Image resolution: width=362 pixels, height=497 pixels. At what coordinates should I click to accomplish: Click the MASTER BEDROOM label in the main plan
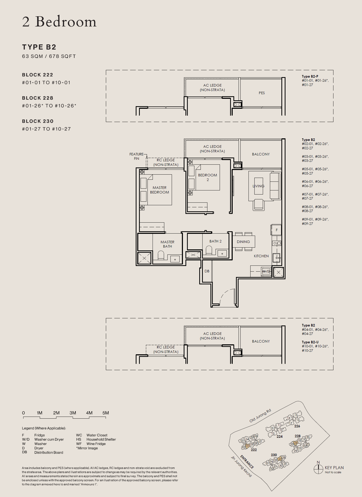pyautogui.click(x=159, y=190)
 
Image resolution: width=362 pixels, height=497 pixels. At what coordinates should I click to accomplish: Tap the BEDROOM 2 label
pyautogui.click(x=207, y=177)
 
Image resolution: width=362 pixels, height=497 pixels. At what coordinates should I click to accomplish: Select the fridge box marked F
pyautogui.click(x=277, y=230)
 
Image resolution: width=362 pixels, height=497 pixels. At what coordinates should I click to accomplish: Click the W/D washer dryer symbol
pyautogui.click(x=266, y=271)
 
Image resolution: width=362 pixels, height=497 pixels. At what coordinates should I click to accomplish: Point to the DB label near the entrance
pyautogui.click(x=207, y=271)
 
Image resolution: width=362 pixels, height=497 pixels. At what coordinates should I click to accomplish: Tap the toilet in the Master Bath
pyautogui.click(x=161, y=255)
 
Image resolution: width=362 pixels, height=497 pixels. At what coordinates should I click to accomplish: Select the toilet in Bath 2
pyautogui.click(x=209, y=250)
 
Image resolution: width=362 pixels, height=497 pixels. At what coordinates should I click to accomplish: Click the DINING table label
pyautogui.click(x=243, y=242)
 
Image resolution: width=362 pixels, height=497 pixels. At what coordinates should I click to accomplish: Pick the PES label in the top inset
pyautogui.click(x=262, y=93)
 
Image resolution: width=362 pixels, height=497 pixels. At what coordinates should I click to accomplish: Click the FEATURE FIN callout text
pyautogui.click(x=136, y=156)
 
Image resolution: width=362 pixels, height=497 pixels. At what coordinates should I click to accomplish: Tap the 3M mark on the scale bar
pyautogui.click(x=73, y=413)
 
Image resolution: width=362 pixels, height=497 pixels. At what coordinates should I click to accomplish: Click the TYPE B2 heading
pyautogui.click(x=39, y=47)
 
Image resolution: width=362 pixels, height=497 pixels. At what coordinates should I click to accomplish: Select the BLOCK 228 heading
pyautogui.click(x=38, y=98)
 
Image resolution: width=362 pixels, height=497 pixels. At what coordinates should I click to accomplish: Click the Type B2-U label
pyautogui.click(x=310, y=342)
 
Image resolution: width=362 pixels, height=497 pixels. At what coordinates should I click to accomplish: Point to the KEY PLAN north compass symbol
pyautogui.click(x=318, y=469)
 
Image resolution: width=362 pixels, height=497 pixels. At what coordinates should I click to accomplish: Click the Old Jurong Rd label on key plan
pyautogui.click(x=260, y=416)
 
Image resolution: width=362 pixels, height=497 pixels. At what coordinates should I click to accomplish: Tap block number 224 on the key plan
pyautogui.click(x=280, y=437)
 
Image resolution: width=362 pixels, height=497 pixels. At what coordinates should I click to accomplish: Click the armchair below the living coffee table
pyautogui.click(x=258, y=205)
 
